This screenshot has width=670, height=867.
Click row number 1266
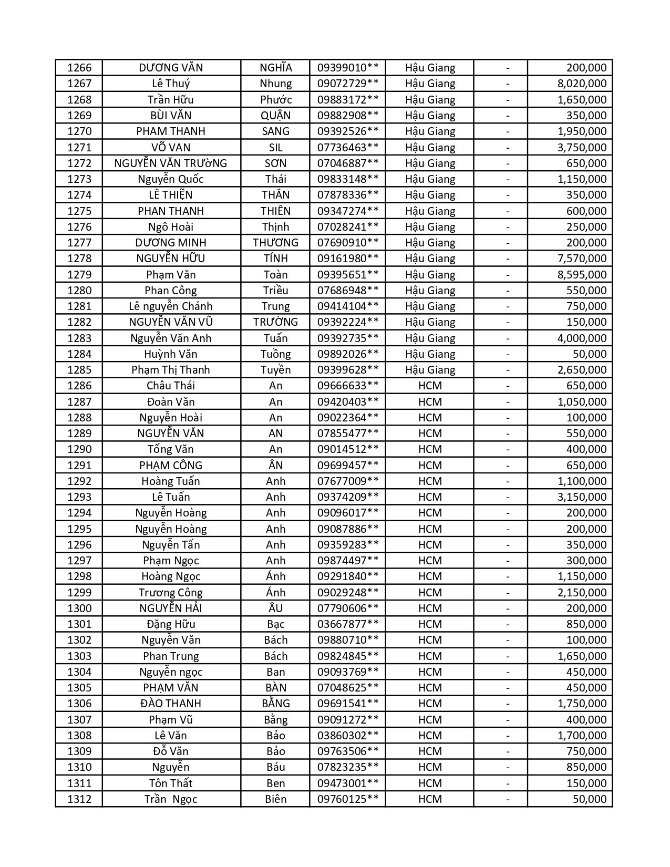(x=79, y=68)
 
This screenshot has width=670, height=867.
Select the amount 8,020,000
(x=582, y=84)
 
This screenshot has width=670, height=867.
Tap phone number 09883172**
(x=347, y=100)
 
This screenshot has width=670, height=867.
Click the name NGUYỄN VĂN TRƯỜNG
(x=171, y=163)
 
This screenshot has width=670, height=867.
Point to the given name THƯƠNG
(x=275, y=243)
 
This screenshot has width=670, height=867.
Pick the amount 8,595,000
(x=582, y=275)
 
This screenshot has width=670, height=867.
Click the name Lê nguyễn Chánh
(x=171, y=306)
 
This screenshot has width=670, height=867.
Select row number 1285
(x=79, y=370)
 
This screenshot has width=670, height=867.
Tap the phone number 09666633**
(x=347, y=386)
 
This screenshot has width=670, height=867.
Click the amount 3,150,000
(x=582, y=497)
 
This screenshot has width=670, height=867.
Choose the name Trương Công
(x=171, y=593)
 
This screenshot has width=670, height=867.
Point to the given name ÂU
(x=275, y=608)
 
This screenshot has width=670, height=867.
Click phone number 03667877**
(x=347, y=624)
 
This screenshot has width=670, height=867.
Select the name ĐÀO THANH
(x=171, y=704)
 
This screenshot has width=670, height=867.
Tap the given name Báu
(x=275, y=767)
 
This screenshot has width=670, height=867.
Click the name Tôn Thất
(x=171, y=783)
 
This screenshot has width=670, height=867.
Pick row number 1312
(x=79, y=799)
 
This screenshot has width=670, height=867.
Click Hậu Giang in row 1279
(x=430, y=275)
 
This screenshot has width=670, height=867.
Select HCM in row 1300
(x=430, y=608)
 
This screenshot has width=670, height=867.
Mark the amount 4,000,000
(x=582, y=338)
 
